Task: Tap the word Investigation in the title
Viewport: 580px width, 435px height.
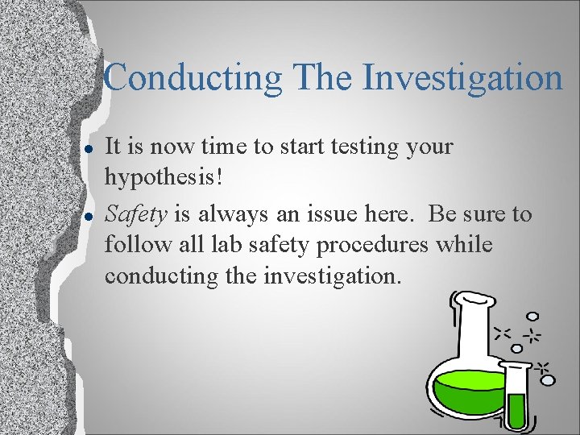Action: (462, 79)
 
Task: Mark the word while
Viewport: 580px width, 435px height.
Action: (465, 245)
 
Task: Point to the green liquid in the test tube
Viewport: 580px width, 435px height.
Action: (516, 411)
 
